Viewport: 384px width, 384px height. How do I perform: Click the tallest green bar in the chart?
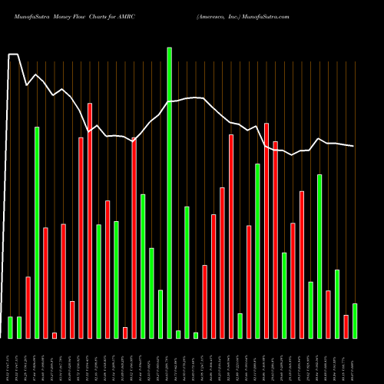click(x=170, y=192)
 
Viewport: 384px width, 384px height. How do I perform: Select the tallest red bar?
click(x=90, y=220)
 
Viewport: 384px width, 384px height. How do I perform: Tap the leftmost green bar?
click(x=11, y=327)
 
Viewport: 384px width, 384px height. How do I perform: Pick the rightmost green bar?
click(x=355, y=321)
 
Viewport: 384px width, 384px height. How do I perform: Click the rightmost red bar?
click(x=346, y=326)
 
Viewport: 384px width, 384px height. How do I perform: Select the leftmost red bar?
click(x=28, y=307)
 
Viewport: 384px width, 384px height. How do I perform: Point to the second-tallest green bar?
click(x=37, y=232)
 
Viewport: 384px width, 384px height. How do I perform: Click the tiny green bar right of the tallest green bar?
click(x=178, y=334)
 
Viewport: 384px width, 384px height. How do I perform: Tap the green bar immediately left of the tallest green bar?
click(x=161, y=314)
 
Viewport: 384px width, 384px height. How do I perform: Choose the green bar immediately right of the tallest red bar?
click(x=99, y=281)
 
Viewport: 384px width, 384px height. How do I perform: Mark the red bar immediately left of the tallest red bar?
click(x=81, y=237)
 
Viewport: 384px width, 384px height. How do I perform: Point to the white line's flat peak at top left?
click(x=13, y=55)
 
